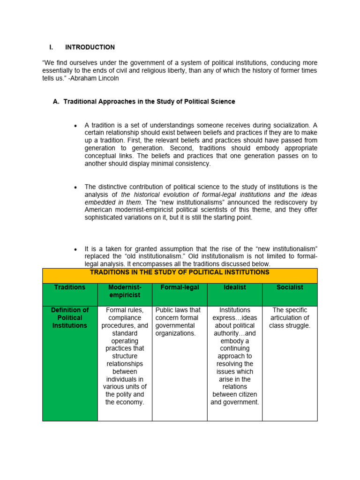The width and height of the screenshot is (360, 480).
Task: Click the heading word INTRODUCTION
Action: pos(90,47)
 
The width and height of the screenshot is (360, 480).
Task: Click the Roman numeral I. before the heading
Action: pos(52,47)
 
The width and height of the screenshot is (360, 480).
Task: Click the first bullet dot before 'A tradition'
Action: pos(75,126)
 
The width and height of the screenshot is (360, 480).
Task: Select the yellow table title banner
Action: pos(180,272)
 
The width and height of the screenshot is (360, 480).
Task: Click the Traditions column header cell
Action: pos(70,287)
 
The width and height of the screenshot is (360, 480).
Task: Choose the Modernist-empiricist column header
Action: pos(125,291)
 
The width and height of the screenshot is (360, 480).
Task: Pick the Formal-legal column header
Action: pos(179,287)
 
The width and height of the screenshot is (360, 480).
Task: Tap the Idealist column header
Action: pos(234,287)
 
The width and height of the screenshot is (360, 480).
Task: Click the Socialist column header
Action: pos(290,287)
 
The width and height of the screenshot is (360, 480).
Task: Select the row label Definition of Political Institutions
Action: pos(70,318)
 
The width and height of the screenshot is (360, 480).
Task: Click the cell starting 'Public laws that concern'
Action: pos(178,322)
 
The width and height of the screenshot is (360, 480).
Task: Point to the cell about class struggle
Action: pos(290,318)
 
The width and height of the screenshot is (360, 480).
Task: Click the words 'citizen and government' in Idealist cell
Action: pos(234,398)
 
